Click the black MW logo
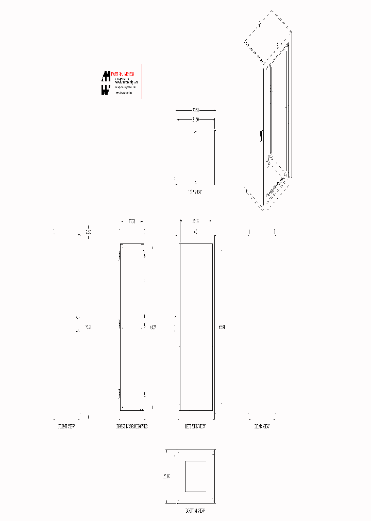[106, 83]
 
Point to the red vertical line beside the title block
[142, 81]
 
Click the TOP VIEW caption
[195, 191]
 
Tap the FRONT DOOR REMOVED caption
[132, 427]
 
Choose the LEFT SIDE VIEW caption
[195, 427]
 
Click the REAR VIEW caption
[262, 427]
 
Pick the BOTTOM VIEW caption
[195, 511]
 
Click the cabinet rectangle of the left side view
[196, 327]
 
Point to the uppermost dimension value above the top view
[195, 110]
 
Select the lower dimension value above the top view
[195, 119]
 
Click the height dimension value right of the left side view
[222, 327]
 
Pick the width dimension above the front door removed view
[132, 221]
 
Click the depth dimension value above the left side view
[195, 221]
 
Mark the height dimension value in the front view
[88, 327]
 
